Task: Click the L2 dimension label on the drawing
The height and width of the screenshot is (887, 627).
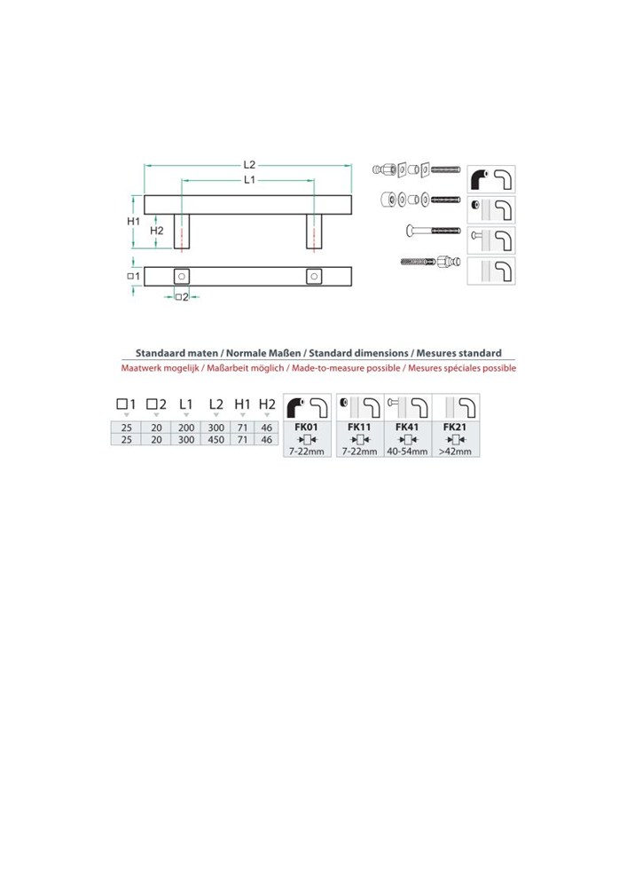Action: (x=249, y=165)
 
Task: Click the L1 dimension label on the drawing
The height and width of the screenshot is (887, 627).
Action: (x=249, y=179)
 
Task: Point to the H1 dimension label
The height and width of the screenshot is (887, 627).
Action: (x=133, y=221)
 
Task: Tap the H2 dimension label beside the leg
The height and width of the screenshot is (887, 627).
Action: (x=157, y=231)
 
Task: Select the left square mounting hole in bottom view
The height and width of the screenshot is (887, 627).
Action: (x=182, y=277)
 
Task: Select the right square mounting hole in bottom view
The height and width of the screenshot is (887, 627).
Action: (x=314, y=277)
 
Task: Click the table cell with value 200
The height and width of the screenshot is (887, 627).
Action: (x=186, y=428)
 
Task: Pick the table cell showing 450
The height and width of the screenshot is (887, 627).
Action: (x=216, y=440)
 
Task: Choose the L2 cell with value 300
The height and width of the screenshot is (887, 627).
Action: (x=216, y=428)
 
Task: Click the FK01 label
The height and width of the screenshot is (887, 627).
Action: (x=307, y=428)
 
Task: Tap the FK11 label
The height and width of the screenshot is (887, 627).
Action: (x=359, y=428)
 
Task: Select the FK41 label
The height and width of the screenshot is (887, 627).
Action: (x=407, y=428)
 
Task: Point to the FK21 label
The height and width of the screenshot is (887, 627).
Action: (x=455, y=428)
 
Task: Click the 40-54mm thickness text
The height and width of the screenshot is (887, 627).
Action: (x=407, y=451)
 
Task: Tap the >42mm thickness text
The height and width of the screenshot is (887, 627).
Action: (x=455, y=451)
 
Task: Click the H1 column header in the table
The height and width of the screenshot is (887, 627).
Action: (x=242, y=404)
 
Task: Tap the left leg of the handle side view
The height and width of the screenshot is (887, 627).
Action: (x=182, y=232)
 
